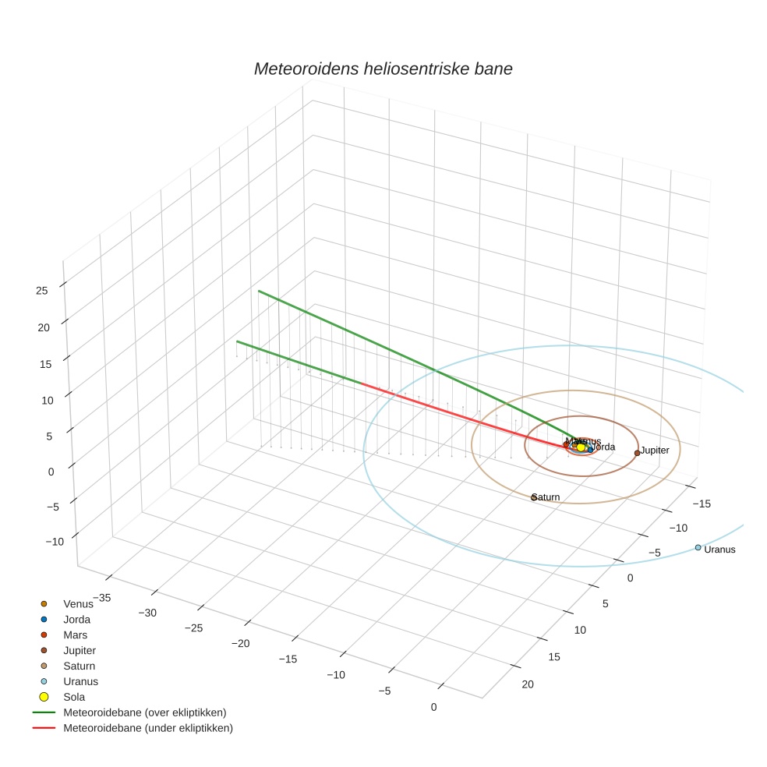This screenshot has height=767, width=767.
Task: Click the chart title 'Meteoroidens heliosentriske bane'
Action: click(383, 69)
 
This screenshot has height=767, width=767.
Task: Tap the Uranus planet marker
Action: click(698, 547)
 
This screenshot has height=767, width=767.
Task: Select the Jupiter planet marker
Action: click(637, 453)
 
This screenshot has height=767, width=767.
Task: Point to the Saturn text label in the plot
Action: click(546, 497)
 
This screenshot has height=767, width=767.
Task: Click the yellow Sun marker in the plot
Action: click(581, 447)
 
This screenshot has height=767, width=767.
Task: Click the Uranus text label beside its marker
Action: click(719, 550)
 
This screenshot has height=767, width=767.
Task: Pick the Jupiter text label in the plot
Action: click(655, 451)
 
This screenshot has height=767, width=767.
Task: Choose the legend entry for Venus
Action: click(78, 604)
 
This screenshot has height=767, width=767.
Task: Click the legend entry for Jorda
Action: click(76, 620)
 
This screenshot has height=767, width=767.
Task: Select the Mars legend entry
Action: click(75, 635)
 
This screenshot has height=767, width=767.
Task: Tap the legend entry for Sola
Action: click(74, 697)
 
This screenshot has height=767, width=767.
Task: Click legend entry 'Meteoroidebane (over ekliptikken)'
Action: click(144, 712)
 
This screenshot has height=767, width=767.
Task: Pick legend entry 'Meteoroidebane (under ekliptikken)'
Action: click(147, 728)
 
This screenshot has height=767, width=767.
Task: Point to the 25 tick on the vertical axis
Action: click(41, 291)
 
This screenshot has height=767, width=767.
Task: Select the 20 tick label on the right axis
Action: click(528, 684)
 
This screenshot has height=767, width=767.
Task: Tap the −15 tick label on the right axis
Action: click(701, 504)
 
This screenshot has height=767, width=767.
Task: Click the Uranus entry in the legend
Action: click(80, 681)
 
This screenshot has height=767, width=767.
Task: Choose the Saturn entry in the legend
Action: click(79, 666)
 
